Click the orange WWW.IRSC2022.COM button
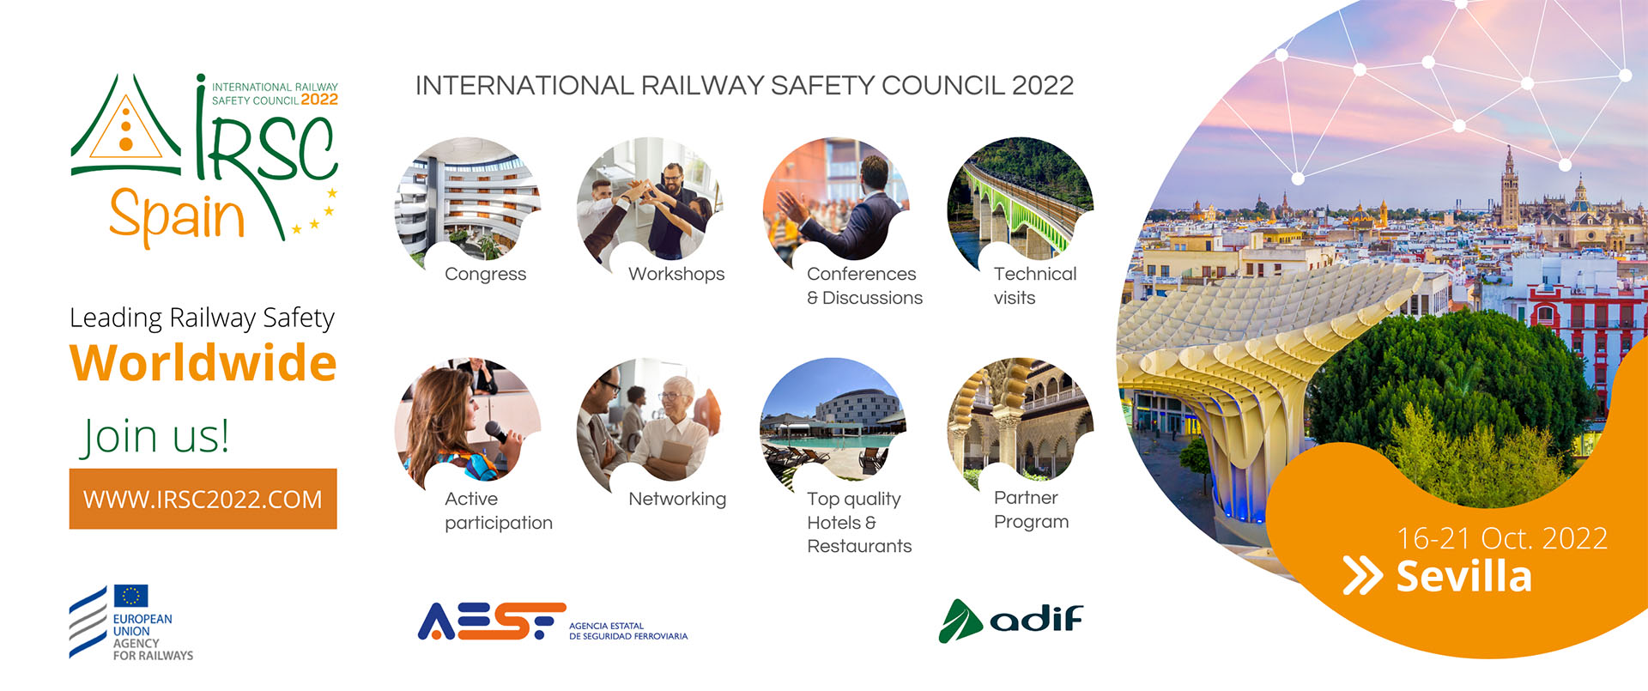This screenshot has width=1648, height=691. [203, 499]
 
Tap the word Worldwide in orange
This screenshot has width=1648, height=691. [203, 363]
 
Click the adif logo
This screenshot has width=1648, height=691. [1011, 620]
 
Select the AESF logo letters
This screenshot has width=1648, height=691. [492, 621]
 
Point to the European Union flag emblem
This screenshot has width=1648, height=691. [130, 596]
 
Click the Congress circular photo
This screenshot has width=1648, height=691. [468, 202]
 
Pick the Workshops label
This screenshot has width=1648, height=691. [676, 274]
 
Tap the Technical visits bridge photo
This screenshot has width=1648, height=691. [1021, 200]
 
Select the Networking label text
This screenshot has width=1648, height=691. [677, 499]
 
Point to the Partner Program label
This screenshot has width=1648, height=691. [1031, 510]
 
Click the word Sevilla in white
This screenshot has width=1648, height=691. [1463, 576]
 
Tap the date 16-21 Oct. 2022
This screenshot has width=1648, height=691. [1502, 538]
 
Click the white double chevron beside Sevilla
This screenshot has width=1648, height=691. [1363, 576]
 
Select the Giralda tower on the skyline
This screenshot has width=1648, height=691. [1509, 189]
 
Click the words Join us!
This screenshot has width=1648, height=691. [155, 436]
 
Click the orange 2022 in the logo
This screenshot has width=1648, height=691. [319, 100]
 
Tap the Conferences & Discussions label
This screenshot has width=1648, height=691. [864, 286]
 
